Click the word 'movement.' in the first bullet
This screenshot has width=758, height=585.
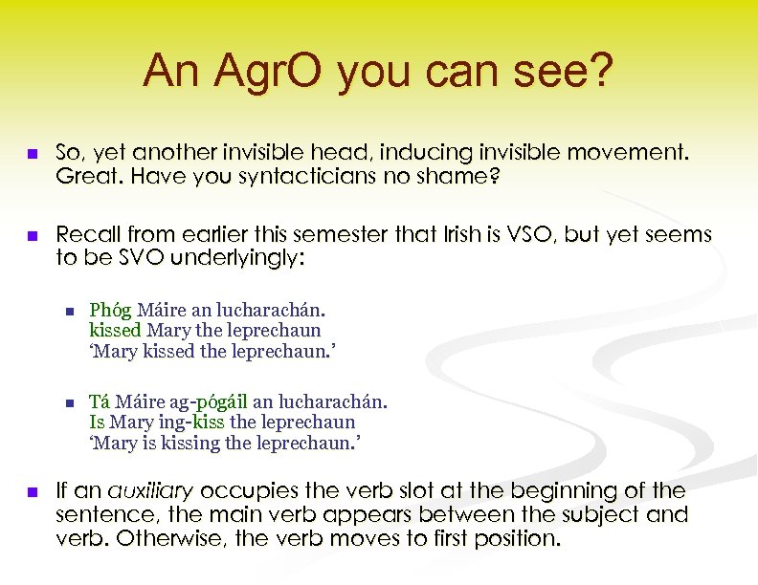tap(643, 152)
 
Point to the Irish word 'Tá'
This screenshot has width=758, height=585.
tap(100, 401)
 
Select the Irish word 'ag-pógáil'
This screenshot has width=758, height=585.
tap(210, 401)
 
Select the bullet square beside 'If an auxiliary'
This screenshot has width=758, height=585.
tap(33, 492)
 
